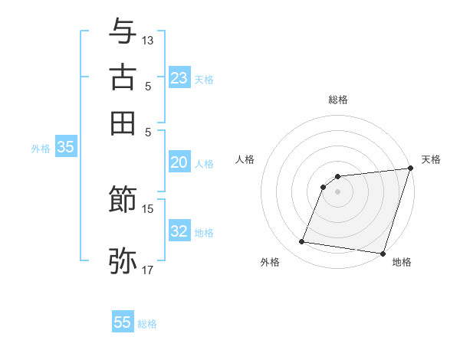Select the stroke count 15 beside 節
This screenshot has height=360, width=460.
click(x=148, y=208)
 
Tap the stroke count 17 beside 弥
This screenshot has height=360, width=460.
click(x=148, y=269)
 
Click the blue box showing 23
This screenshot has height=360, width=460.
click(x=179, y=78)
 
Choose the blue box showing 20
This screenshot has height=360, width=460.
click(x=179, y=162)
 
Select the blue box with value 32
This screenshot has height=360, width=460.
click(x=179, y=231)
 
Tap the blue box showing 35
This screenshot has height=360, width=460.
click(x=65, y=148)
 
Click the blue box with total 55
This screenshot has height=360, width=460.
click(x=123, y=322)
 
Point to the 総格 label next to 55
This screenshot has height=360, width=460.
click(x=147, y=324)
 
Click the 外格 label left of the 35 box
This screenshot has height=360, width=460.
click(x=40, y=149)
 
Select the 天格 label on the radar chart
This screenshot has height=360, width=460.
click(x=431, y=159)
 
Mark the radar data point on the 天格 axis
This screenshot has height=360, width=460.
click(x=410, y=169)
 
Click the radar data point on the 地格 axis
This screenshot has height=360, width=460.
click(x=383, y=253)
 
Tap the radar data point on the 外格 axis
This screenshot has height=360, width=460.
click(x=302, y=242)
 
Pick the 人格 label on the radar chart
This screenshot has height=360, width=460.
click(x=245, y=159)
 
